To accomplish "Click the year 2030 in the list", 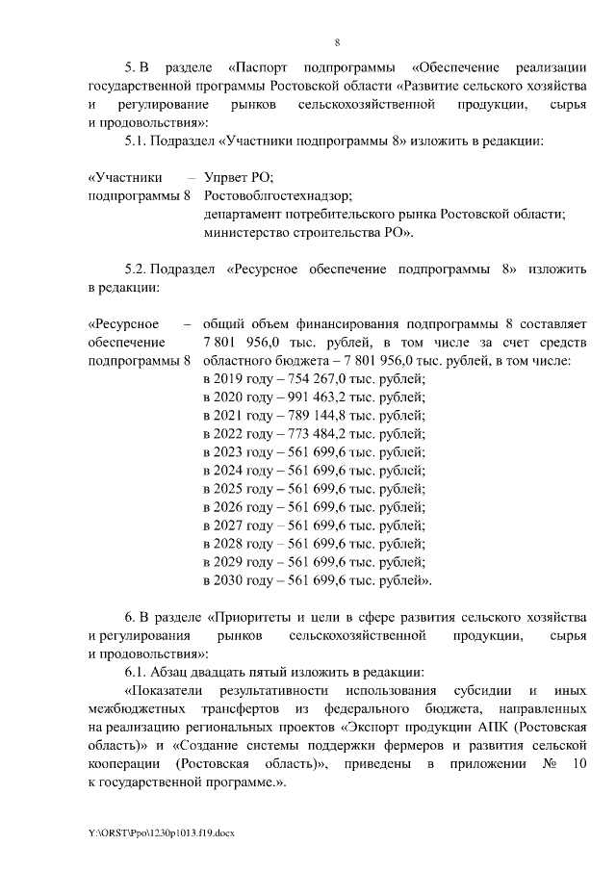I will [231, 580].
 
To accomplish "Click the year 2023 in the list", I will [231, 452].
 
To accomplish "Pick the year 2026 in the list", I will [231, 507].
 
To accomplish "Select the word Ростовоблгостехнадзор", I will [277, 195].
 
